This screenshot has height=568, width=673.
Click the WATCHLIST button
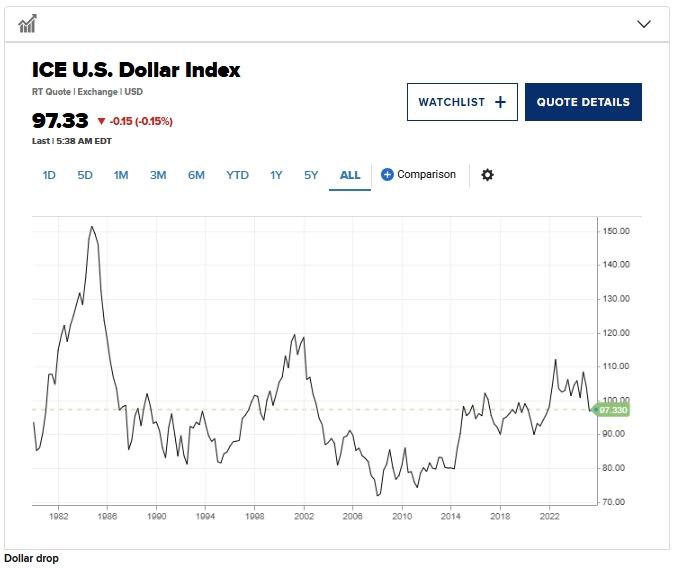pyautogui.click(x=461, y=102)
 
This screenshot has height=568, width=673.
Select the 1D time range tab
pyautogui.click(x=49, y=175)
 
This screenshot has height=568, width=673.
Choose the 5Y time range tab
pyautogui.click(x=311, y=175)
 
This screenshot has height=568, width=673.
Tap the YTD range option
pyautogui.click(x=237, y=175)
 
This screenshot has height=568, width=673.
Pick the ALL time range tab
pyautogui.click(x=350, y=175)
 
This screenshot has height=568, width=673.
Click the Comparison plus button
pyautogui.click(x=388, y=175)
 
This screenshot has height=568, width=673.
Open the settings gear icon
pyautogui.click(x=487, y=175)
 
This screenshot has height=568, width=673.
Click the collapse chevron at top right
pyautogui.click(x=644, y=24)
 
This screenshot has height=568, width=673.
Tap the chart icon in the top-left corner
pyautogui.click(x=28, y=24)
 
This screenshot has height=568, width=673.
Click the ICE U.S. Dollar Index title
pyautogui.click(x=136, y=70)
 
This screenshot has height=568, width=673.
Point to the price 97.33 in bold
pyautogui.click(x=60, y=121)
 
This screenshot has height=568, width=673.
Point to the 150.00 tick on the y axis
pyautogui.click(x=616, y=231)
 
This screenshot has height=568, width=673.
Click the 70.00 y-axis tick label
pyautogui.click(x=616, y=502)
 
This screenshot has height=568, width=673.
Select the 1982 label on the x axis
pyautogui.click(x=58, y=517)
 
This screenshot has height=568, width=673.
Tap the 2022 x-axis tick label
pyautogui.click(x=549, y=517)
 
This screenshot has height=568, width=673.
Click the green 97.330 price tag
pyautogui.click(x=613, y=410)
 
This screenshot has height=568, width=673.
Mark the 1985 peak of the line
pyautogui.click(x=92, y=227)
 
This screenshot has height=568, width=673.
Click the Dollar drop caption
pyautogui.click(x=31, y=558)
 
